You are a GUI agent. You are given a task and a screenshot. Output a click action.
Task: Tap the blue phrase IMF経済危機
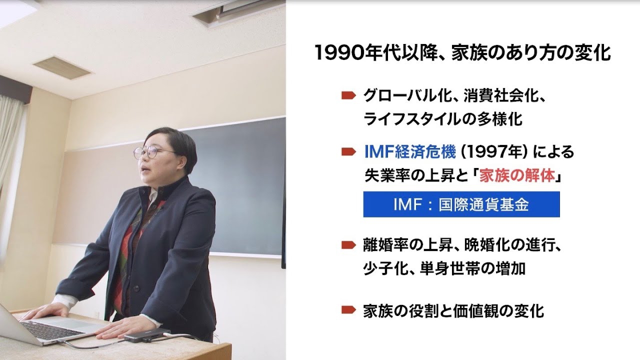click(410, 151)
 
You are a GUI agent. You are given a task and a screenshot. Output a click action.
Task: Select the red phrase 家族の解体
click(517, 176)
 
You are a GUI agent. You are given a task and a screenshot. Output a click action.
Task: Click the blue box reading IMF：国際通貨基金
click(461, 204)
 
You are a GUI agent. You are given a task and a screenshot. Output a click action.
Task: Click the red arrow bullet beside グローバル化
click(348, 95)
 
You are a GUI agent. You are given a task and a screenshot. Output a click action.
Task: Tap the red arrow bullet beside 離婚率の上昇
click(348, 245)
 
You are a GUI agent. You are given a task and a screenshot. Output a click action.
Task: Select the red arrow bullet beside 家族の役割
click(348, 309)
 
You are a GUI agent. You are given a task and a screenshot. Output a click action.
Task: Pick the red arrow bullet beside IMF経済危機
click(348, 152)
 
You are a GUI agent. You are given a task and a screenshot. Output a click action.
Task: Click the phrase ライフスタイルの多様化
click(443, 119)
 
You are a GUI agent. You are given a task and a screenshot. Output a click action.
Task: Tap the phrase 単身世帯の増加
click(472, 268)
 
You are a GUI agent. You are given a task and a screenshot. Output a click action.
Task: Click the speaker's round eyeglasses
click(154, 153)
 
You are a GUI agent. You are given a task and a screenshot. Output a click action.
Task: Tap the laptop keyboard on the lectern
click(51, 330)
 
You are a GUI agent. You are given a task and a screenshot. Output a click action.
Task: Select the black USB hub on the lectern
click(145, 337)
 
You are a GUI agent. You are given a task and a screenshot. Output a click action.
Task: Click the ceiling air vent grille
click(62, 67)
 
